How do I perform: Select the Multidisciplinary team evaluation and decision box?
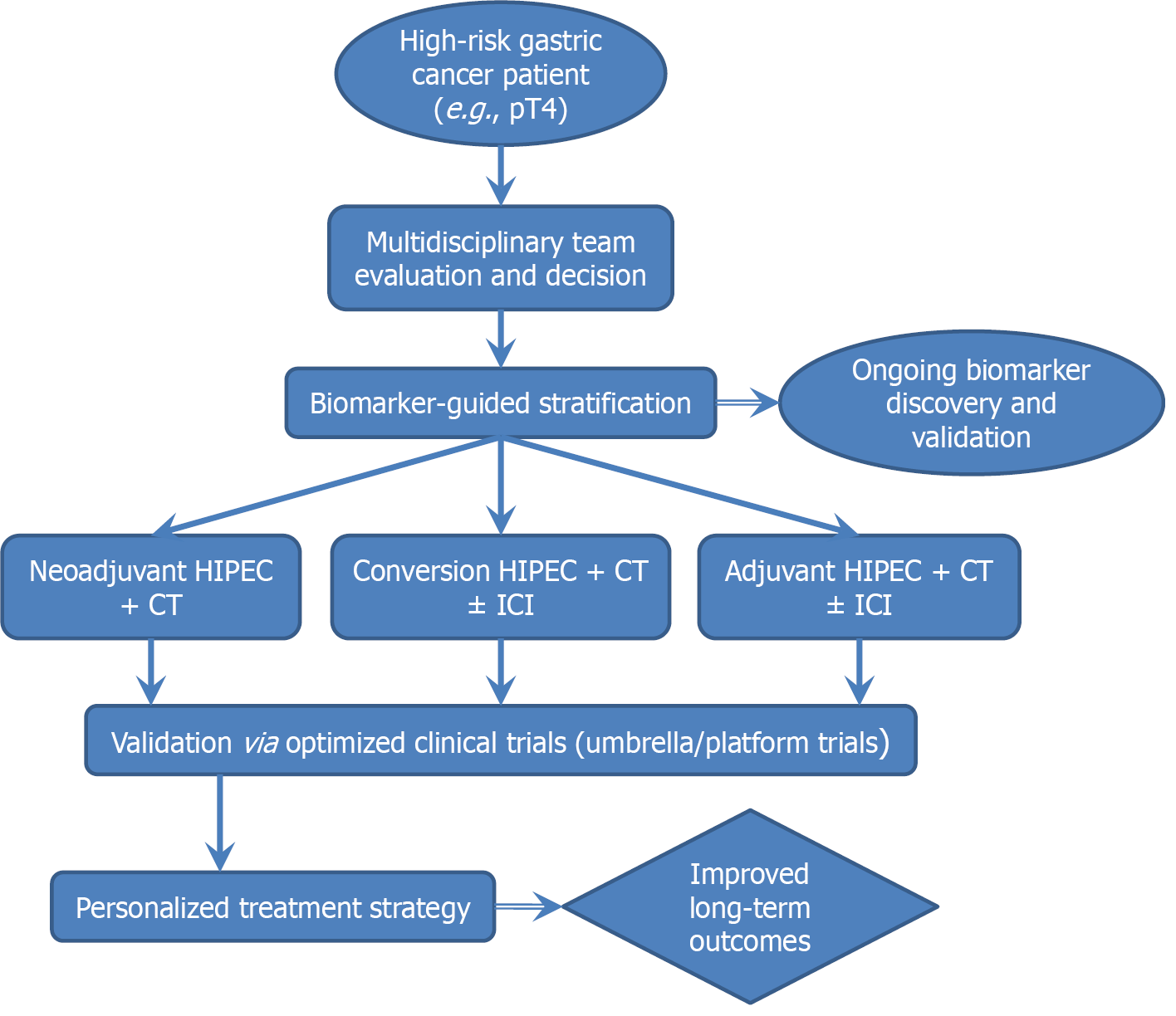pyautogui.click(x=500, y=258)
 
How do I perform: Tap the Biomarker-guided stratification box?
pyautogui.click(x=500, y=403)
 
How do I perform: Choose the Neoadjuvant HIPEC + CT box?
pyautogui.click(x=150, y=587)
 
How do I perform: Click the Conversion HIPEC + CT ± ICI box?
pyautogui.click(x=500, y=587)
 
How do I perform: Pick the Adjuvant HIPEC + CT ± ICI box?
pyautogui.click(x=859, y=587)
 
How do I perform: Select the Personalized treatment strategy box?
pyautogui.click(x=272, y=907)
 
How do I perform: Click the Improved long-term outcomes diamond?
pyautogui.click(x=749, y=907)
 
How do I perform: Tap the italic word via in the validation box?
pyautogui.click(x=258, y=742)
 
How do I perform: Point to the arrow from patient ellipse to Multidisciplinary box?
pyautogui.click(x=500, y=175)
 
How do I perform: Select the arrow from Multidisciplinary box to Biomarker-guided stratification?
pyautogui.click(x=500, y=339)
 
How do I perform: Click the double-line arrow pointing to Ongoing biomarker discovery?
pyautogui.click(x=747, y=403)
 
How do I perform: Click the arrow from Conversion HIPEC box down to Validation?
pyautogui.click(x=500, y=672)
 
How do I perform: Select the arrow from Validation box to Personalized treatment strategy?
pyautogui.click(x=220, y=823)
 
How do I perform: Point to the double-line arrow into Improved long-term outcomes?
pyautogui.click(x=528, y=906)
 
